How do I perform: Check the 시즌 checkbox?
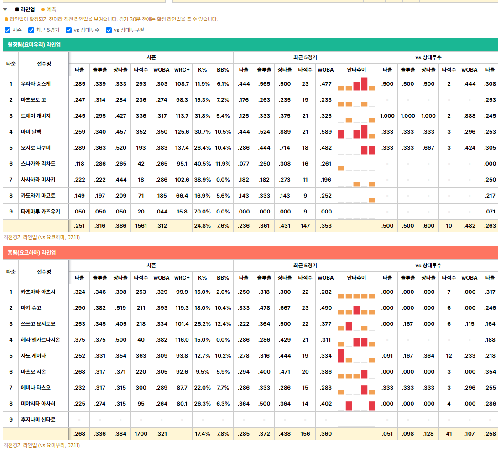[x=7, y=31]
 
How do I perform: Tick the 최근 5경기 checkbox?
[x=31, y=31]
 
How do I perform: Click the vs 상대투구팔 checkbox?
[x=109, y=31]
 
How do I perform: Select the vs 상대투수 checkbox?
[x=68, y=31]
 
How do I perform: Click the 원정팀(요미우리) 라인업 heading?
[x=34, y=45]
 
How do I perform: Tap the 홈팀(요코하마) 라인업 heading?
[x=31, y=253]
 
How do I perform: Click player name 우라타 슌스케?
[x=36, y=84]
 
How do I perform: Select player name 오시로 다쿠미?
[x=36, y=148]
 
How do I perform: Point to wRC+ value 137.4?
[x=182, y=148]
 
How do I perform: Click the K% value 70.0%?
[x=202, y=212]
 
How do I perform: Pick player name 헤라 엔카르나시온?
[x=40, y=340]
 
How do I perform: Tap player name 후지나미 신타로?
[x=38, y=420]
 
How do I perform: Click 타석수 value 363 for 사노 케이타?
[x=141, y=356]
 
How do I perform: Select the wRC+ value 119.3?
[x=182, y=308]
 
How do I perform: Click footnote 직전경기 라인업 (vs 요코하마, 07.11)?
[x=42, y=237]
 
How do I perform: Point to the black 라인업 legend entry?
[x=25, y=10]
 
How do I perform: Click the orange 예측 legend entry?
[x=48, y=10]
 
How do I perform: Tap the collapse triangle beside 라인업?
[x=5, y=10]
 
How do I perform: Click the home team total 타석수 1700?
[x=141, y=434]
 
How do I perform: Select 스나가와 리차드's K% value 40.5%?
[x=202, y=164]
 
